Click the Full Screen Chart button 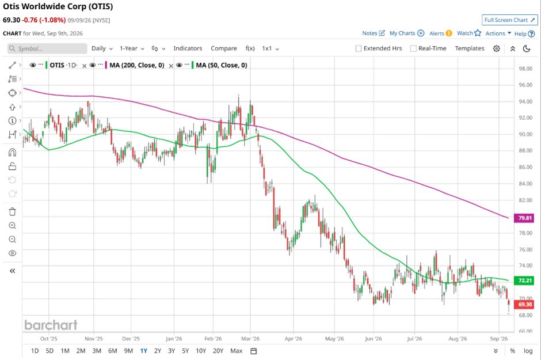tap(509, 20)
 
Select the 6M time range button tap(112, 351)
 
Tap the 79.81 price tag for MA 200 tap(524, 218)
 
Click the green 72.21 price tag tap(524, 281)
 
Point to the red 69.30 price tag tap(524, 305)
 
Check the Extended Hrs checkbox tap(359, 48)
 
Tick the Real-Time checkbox tap(413, 48)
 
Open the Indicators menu tap(188, 48)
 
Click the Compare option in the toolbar tap(223, 48)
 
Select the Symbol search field tap(47, 48)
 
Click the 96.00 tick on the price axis tap(525, 85)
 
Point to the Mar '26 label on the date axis tap(250, 339)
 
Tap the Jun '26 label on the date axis tap(374, 339)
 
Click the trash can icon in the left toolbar tap(13, 211)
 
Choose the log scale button tap(528, 351)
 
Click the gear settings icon tap(497, 48)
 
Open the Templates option tap(469, 48)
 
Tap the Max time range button tap(237, 351)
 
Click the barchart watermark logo tap(51, 325)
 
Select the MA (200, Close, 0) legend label tap(136, 65)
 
